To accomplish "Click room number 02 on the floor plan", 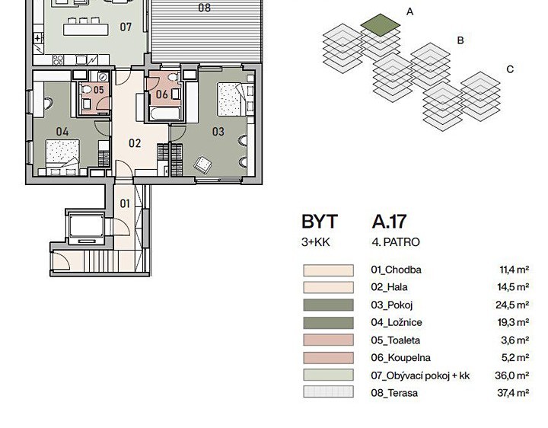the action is pyautogui.click(x=135, y=143).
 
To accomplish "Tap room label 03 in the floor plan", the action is pyautogui.click(x=218, y=132).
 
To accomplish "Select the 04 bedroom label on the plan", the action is pyautogui.click(x=62, y=132).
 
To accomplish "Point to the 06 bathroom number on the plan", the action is pyautogui.click(x=162, y=94).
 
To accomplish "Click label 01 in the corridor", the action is pyautogui.click(x=125, y=203).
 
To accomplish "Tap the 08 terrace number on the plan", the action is pyautogui.click(x=205, y=8).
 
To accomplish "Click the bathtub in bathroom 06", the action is pyautogui.click(x=164, y=114).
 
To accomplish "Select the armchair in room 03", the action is pyautogui.click(x=202, y=164).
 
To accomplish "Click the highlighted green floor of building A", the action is pyautogui.click(x=381, y=25).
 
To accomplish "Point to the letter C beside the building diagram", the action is pyautogui.click(x=510, y=69).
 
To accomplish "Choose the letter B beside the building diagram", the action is pyautogui.click(x=460, y=40).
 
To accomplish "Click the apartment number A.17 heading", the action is pyautogui.click(x=389, y=222).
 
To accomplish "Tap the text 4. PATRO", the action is pyautogui.click(x=396, y=242).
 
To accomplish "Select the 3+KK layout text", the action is pyautogui.click(x=316, y=242).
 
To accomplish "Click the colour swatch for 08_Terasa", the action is pyautogui.click(x=328, y=391).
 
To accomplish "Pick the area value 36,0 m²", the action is pyautogui.click(x=511, y=375).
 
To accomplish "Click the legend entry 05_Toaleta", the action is pyautogui.click(x=396, y=340).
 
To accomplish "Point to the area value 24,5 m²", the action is pyautogui.click(x=512, y=305).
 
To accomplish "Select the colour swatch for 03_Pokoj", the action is pyautogui.click(x=328, y=305).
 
